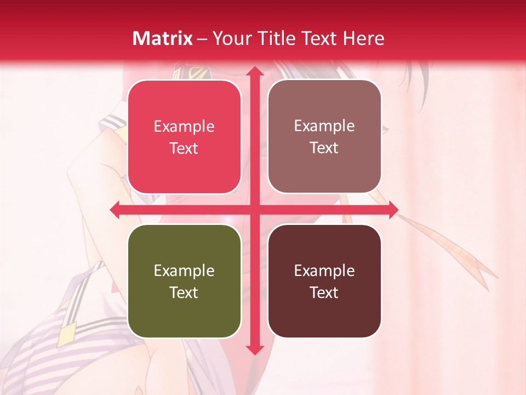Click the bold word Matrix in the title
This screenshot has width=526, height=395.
163,38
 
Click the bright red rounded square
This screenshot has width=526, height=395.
184,137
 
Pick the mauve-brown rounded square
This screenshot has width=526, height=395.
324,137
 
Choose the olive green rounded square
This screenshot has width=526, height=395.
184,281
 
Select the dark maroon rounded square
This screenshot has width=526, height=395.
324,281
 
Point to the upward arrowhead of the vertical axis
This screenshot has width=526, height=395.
254,72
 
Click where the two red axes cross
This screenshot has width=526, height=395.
254,210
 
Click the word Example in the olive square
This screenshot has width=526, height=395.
184,270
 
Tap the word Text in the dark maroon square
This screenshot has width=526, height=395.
324,292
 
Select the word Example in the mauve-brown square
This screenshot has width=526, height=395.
324,126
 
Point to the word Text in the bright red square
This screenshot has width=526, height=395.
184,149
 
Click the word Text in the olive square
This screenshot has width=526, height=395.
184,292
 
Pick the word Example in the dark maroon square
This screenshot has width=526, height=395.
324,270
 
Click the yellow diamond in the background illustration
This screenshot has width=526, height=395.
66,334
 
